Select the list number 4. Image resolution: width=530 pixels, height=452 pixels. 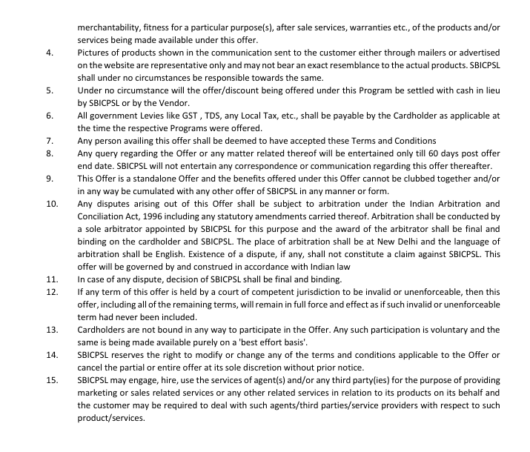(x=48, y=53)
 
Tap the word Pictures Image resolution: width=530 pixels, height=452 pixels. (x=95, y=53)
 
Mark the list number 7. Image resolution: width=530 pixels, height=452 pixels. (x=48, y=141)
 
